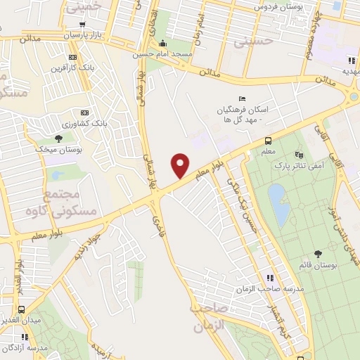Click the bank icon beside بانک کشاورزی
tap(85, 112)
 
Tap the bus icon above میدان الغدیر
tap(22, 309)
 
